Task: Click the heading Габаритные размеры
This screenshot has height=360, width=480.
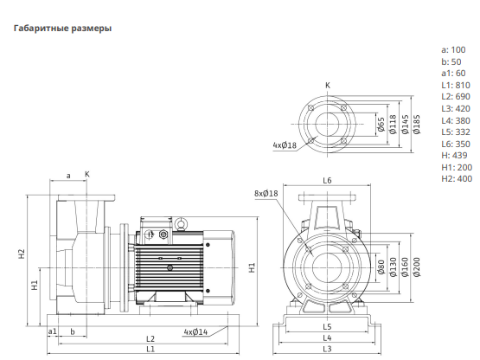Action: coord(62,29)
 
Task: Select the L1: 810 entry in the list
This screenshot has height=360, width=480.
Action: coord(456,85)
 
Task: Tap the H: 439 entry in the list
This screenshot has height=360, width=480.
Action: coord(454,155)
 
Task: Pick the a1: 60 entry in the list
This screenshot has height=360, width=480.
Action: coord(453,74)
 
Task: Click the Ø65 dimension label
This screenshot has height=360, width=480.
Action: coord(381,125)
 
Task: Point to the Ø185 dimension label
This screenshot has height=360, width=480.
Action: coord(417,125)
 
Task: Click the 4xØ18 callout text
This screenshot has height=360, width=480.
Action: coord(285,145)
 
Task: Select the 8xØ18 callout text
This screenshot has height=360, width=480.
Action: coord(266,193)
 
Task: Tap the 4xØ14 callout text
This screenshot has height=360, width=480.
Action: coord(195,331)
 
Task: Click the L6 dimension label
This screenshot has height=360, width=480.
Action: coord(327,181)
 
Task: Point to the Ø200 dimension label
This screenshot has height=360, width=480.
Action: coord(417,267)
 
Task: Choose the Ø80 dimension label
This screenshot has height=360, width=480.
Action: coord(381,267)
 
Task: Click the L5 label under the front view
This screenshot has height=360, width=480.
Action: coord(327,326)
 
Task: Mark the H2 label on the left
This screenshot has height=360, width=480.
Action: coord(21,254)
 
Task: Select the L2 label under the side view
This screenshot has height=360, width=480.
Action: coord(150,339)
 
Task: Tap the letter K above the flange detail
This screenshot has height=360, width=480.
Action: coord(328,85)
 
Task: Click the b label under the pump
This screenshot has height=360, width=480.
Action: coord(73,331)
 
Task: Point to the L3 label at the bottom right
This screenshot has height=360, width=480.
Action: coord(327,349)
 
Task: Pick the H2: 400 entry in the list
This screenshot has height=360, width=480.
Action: coord(457,178)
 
